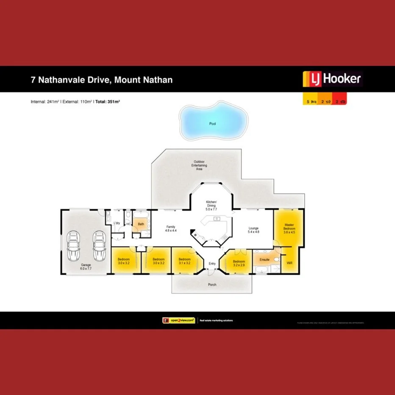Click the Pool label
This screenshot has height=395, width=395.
click(212, 124)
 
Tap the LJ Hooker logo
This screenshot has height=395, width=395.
click(332, 79)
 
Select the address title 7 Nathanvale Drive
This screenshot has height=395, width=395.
click(102, 79)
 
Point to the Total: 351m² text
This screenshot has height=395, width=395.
click(107, 102)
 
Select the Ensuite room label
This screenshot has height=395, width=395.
click(264, 259)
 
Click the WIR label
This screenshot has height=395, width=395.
click(289, 263)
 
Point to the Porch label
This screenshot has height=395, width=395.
click(212, 284)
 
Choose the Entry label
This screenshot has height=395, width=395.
click(212, 264)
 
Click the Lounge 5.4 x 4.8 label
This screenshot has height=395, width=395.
click(253, 230)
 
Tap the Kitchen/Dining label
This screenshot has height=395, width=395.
click(211, 205)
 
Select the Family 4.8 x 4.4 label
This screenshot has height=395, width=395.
click(170, 229)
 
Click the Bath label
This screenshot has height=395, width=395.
click(141, 225)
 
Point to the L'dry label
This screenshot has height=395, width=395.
click(117, 223)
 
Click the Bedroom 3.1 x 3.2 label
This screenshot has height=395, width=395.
click(184, 261)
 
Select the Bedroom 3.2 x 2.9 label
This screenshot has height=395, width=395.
click(239, 264)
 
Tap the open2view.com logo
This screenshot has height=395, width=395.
click(178, 320)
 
